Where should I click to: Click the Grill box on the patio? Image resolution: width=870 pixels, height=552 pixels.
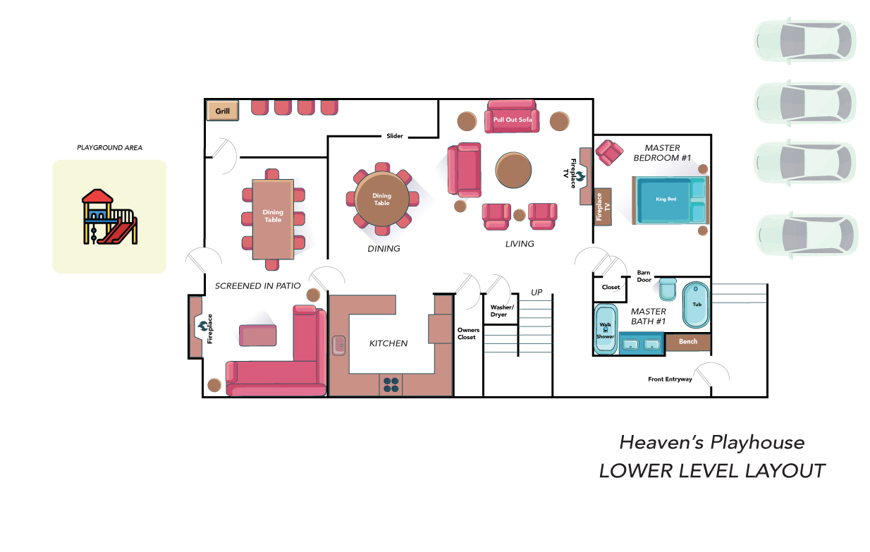pos(223,111)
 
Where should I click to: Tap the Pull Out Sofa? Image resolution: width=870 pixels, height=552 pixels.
pos(512,116)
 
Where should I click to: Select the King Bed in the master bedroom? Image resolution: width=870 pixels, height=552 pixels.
pos(670,200)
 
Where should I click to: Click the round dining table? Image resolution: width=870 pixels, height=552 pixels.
pos(382,199)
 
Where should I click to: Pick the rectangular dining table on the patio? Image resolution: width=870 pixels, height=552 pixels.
pos(273,219)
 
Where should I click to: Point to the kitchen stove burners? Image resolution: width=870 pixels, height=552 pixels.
pos(391,385)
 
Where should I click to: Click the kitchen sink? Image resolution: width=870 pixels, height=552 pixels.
pos(338,345)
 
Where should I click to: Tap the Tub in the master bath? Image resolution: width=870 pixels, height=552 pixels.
pos(696,305)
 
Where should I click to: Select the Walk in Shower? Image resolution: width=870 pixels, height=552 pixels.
pos(606,329)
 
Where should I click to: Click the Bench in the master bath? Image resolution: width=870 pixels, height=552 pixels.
pos(688,342)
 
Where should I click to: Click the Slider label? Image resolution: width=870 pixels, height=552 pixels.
pos(395,136)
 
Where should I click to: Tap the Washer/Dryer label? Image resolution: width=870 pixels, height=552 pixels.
pos(501,311)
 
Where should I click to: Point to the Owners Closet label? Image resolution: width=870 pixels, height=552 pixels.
pos(468,333)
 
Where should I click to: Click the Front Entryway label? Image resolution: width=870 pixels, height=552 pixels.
pos(670,379)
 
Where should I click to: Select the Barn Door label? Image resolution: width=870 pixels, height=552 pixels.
pos(644,276)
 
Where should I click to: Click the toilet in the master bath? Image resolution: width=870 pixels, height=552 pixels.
pos(668,289)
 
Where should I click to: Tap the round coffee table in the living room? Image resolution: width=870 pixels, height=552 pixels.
pos(513,170)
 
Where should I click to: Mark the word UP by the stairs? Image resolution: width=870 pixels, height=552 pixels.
pos(537,292)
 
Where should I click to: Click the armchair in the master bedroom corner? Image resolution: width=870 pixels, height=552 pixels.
pos(609,152)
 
